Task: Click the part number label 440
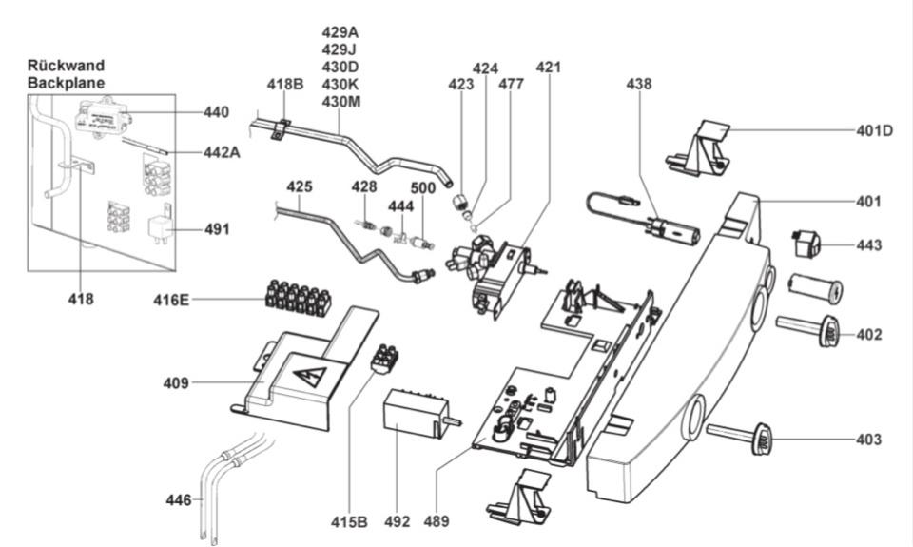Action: click(216, 111)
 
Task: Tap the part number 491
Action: click(216, 229)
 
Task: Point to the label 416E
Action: click(171, 300)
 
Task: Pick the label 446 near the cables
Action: click(178, 499)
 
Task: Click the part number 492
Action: click(398, 521)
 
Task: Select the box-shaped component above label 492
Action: click(413, 414)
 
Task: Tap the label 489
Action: click(437, 521)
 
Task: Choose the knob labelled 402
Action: click(829, 332)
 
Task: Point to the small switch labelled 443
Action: click(807, 244)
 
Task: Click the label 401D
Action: click(874, 130)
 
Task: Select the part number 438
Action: click(639, 84)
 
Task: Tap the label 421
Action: click(549, 68)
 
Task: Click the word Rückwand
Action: click(66, 67)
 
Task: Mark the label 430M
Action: click(341, 101)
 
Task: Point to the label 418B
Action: click(284, 85)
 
